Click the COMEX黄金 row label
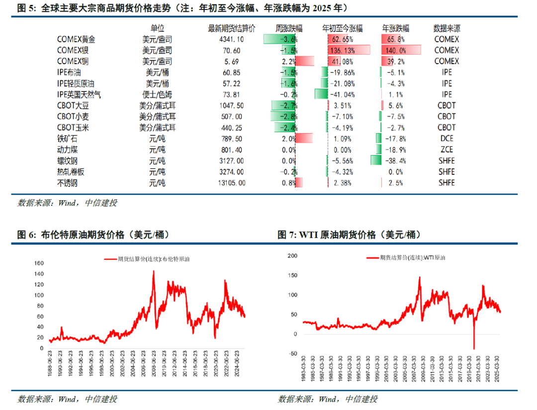click(76, 39)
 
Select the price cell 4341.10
click(231, 39)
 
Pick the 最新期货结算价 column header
click(231, 28)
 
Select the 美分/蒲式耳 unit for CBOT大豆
click(157, 105)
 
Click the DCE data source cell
click(447, 139)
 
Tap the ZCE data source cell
click(447, 150)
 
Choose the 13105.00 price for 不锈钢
click(231, 183)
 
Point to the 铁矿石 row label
click(68, 139)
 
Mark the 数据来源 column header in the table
click(447, 28)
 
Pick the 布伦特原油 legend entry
click(149, 259)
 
